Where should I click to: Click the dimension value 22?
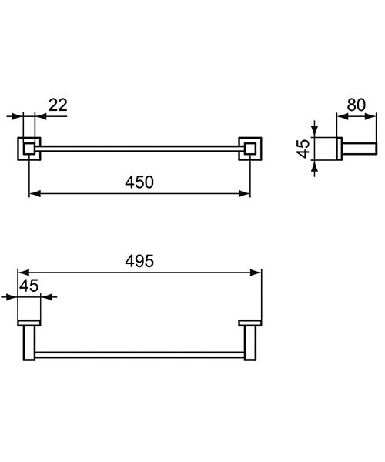(58, 105)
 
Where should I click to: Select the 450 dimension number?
(139, 182)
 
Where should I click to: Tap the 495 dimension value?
(139, 261)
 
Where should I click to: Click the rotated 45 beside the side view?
(303, 147)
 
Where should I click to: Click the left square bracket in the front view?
(29, 147)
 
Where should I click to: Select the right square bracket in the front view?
(249, 147)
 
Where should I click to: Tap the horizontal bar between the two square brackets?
(139, 146)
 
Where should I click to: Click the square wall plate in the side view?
(328, 148)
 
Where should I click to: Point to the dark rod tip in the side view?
(373, 148)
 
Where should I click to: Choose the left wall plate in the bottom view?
(29, 322)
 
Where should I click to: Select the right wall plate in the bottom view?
(250, 322)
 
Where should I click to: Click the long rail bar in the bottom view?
(139, 354)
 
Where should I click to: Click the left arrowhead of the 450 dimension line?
(33, 195)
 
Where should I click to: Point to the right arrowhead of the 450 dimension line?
(246, 195)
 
